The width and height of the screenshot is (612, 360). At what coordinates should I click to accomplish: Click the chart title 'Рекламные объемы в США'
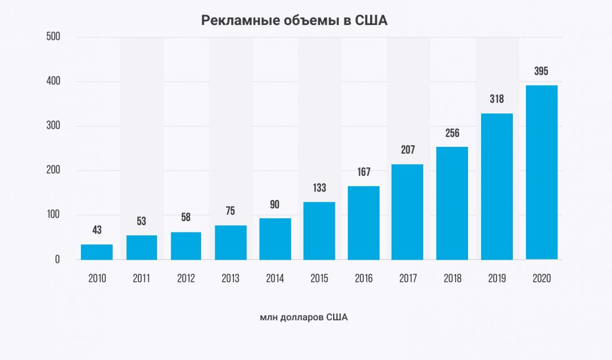(x=294, y=21)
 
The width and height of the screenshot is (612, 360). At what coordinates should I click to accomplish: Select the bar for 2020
(x=542, y=172)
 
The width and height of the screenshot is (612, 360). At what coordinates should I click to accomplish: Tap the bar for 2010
(x=97, y=252)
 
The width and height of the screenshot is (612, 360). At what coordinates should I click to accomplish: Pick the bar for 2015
(x=319, y=231)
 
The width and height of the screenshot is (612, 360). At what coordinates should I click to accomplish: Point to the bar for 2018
(x=452, y=203)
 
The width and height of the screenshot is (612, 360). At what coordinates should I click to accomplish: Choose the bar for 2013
(x=230, y=243)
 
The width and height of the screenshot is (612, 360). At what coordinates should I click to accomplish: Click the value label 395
(x=541, y=71)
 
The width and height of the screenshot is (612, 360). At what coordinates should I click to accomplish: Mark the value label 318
(x=496, y=99)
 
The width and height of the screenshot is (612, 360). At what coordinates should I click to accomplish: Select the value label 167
(x=364, y=171)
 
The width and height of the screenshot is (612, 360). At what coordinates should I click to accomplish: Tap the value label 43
(x=97, y=230)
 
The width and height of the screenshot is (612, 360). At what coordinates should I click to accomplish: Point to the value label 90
(x=274, y=205)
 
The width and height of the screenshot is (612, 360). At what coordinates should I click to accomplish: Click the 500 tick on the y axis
(x=53, y=37)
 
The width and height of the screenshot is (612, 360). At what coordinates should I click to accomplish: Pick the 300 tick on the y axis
(x=53, y=126)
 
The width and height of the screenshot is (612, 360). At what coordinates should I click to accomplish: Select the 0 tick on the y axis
(x=57, y=260)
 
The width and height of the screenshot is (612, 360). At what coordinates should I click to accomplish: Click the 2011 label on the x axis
(x=141, y=278)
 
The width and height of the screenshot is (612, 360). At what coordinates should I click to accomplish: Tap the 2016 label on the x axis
(x=364, y=278)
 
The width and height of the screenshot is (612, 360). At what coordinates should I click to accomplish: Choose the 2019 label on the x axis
(x=497, y=278)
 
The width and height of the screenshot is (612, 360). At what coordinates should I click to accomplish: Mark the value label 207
(x=408, y=150)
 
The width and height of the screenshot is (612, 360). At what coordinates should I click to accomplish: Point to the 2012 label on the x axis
(x=186, y=278)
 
